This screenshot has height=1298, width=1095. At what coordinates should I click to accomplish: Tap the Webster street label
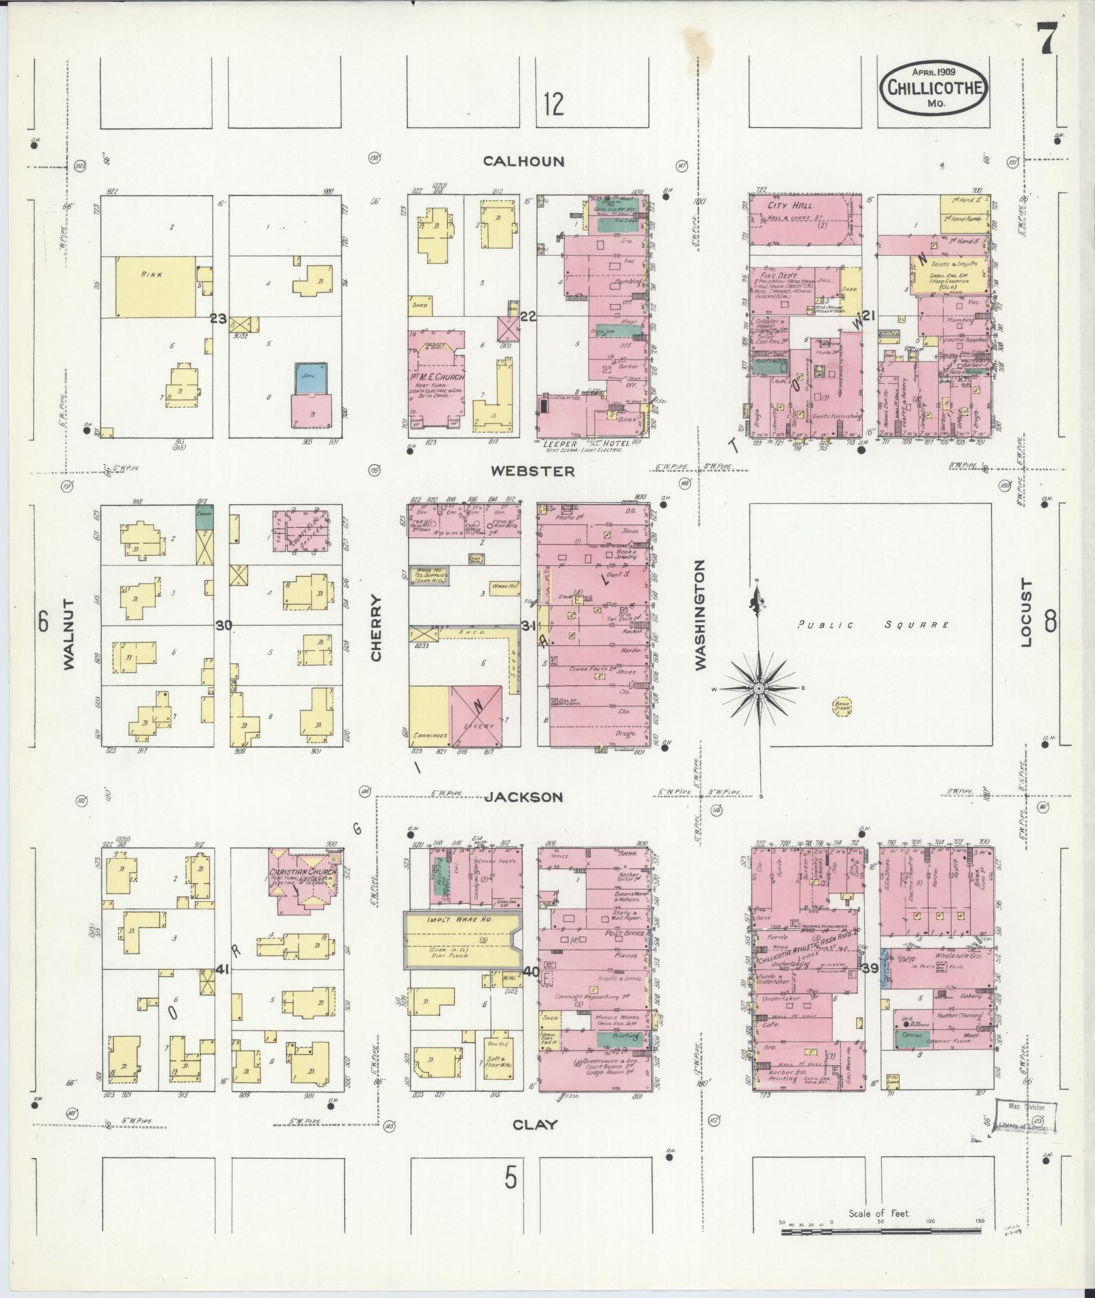[533, 471]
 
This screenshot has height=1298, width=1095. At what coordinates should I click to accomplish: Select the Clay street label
[535, 1124]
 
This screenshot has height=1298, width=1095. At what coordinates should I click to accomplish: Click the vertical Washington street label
[700, 615]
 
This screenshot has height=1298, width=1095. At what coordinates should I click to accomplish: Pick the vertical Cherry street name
[377, 628]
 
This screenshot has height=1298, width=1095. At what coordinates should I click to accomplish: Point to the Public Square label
[872, 625]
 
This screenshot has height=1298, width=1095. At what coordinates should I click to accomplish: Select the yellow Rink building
[155, 286]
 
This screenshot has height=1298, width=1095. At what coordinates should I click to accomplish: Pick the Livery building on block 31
[477, 716]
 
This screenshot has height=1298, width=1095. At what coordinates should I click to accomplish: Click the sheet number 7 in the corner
[1046, 35]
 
